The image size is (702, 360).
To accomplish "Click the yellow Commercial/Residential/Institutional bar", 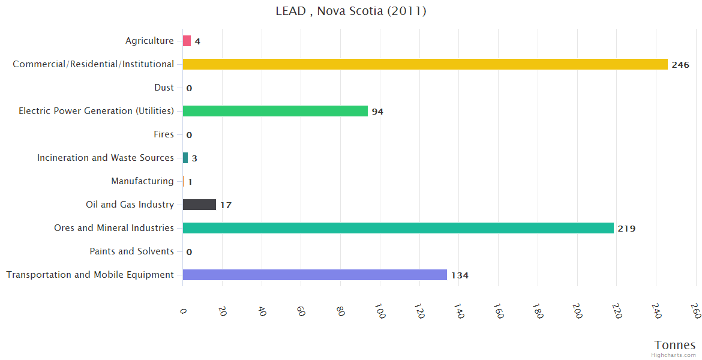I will [425, 64].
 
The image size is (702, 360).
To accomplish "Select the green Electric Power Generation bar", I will [275, 111].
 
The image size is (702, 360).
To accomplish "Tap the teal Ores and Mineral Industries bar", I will [398, 228].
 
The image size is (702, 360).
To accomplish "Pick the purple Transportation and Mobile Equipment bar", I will [314, 275].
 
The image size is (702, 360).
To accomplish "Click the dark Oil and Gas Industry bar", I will [199, 205].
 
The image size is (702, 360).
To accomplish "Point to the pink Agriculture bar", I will [187, 41].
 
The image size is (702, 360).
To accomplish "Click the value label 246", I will [680, 65].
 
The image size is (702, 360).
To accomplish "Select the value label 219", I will [626, 229].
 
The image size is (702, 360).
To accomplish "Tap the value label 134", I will [460, 275].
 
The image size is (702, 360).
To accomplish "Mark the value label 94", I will [377, 112].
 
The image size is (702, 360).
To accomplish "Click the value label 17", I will [226, 205].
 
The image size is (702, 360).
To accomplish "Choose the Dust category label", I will [164, 88].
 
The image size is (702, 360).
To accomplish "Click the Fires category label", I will [163, 134].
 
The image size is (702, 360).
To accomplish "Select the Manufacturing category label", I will [142, 181].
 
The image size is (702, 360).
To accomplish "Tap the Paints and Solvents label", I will [131, 251].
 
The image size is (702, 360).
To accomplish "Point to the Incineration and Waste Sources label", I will [106, 158].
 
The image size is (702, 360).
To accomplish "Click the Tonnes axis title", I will [674, 345].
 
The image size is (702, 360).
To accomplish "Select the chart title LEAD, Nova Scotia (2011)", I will [351, 11].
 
